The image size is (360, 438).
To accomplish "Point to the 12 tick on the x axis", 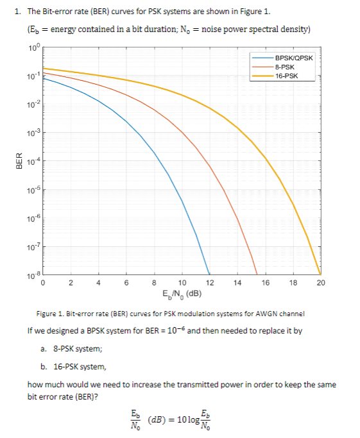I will (210, 282).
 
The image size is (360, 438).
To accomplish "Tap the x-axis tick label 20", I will (321, 282).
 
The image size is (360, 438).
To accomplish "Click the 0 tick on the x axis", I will (43, 282).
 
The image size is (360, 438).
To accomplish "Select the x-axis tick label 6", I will (126, 282).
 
